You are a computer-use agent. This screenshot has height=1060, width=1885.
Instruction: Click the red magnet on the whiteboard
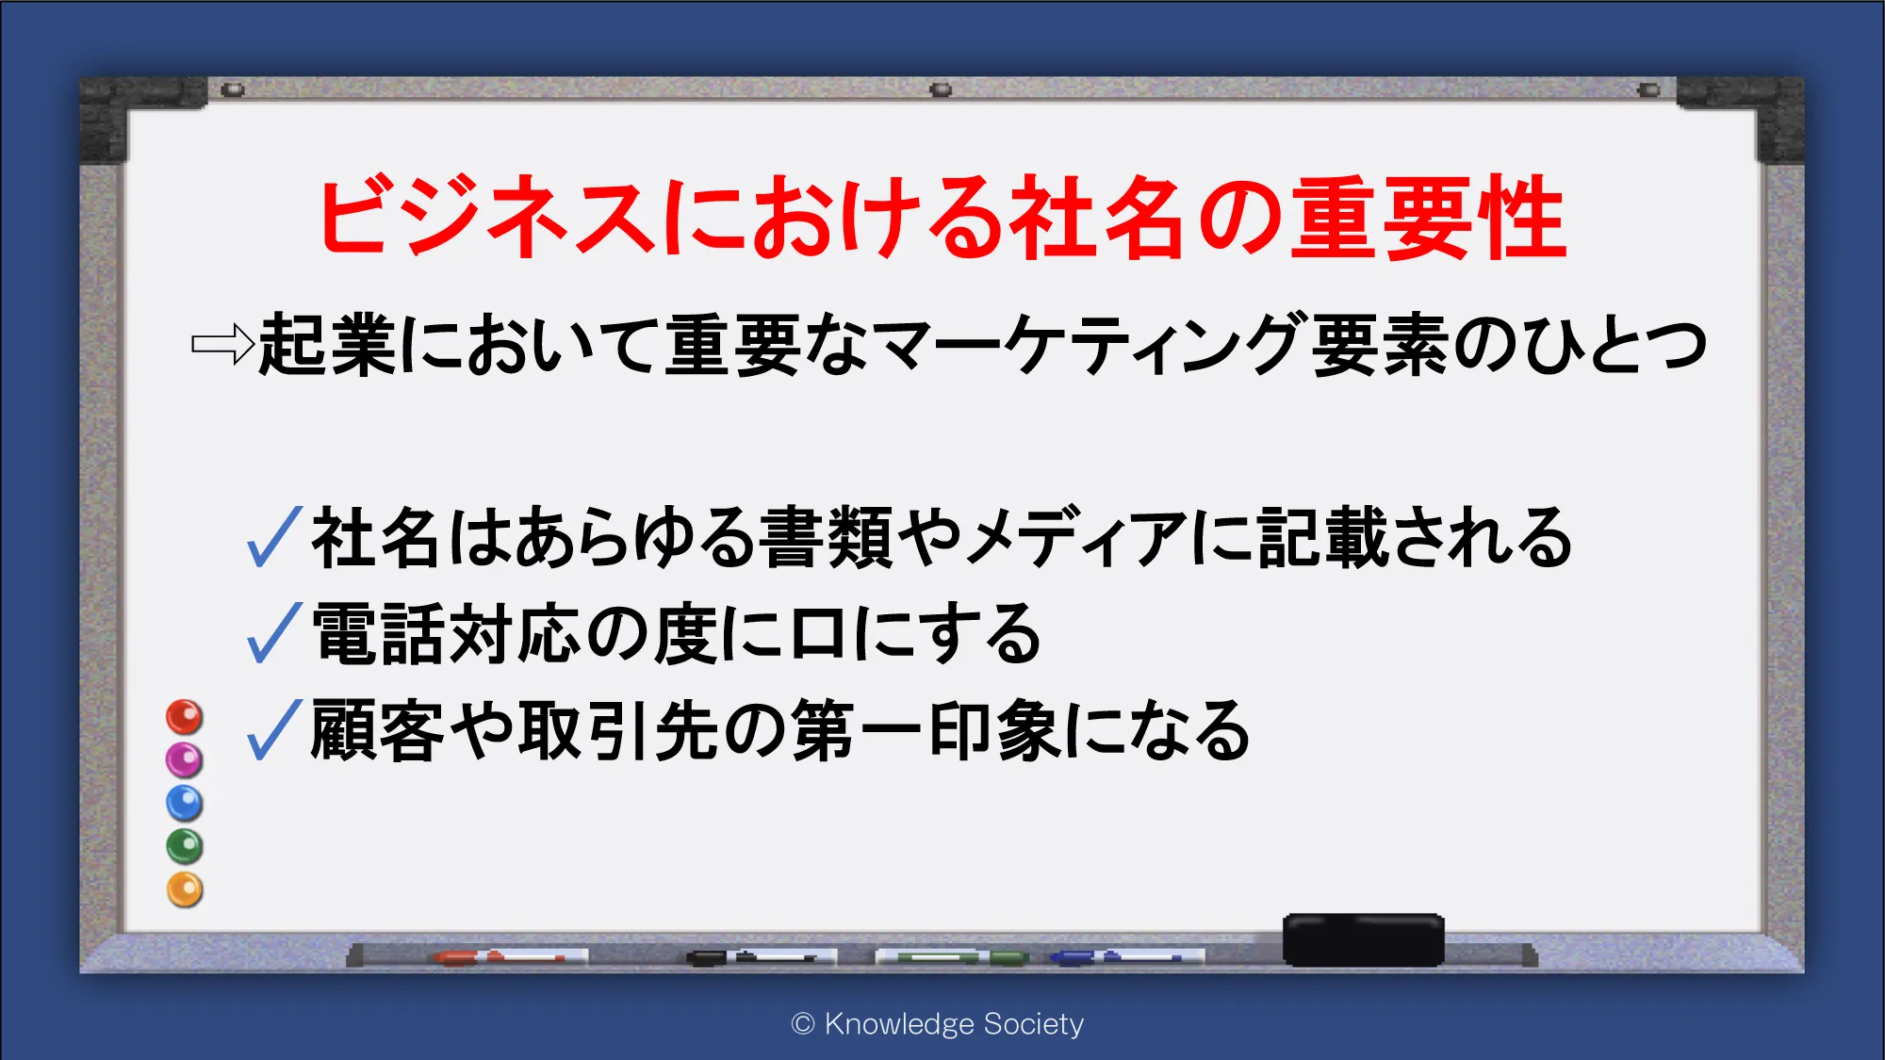[185, 717]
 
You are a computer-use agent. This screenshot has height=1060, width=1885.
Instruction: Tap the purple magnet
[185, 759]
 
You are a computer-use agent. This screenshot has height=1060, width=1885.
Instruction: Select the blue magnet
[185, 803]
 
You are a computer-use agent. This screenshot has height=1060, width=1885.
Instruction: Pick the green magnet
[185, 846]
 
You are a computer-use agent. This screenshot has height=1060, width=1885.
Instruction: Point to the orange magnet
[185, 889]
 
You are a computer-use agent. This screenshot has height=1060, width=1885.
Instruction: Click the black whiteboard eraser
[1363, 939]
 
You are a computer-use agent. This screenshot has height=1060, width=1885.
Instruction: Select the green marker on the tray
[952, 957]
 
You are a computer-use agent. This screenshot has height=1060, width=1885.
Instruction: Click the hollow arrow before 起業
[222, 344]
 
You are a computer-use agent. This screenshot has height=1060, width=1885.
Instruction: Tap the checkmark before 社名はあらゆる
[274, 536]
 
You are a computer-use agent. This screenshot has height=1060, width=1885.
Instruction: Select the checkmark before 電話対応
[274, 632]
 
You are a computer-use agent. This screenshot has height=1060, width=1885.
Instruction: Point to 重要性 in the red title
[1428, 218]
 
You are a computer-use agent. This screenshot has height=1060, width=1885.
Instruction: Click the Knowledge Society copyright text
[938, 1024]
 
